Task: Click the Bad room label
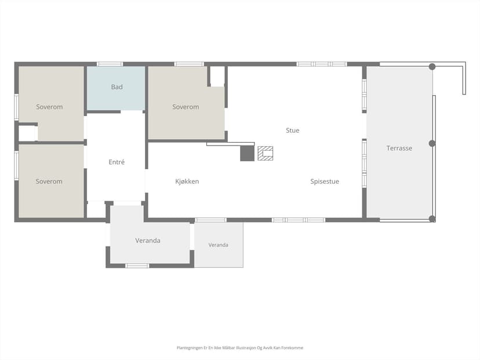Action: coord(117,87)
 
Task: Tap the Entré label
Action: coord(117,162)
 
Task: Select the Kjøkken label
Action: coord(187,181)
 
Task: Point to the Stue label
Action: coord(292,130)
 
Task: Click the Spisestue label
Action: coord(325,181)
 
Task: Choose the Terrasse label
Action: coord(399,148)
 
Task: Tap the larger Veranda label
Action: coord(148,241)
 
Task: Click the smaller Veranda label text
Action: coord(219,245)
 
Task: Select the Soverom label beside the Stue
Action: coord(186,107)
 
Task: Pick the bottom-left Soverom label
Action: coord(49,181)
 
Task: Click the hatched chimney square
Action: coord(265,154)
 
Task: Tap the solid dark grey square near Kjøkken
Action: coord(247,153)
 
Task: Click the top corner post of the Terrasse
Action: coord(432,67)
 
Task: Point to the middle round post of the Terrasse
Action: coord(432,143)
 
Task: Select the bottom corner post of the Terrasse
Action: coord(432,219)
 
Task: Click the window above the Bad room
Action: coord(110,64)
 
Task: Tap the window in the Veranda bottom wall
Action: coord(137,266)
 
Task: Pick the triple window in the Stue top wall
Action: coord(322,64)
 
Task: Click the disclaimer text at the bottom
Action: coord(239,348)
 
